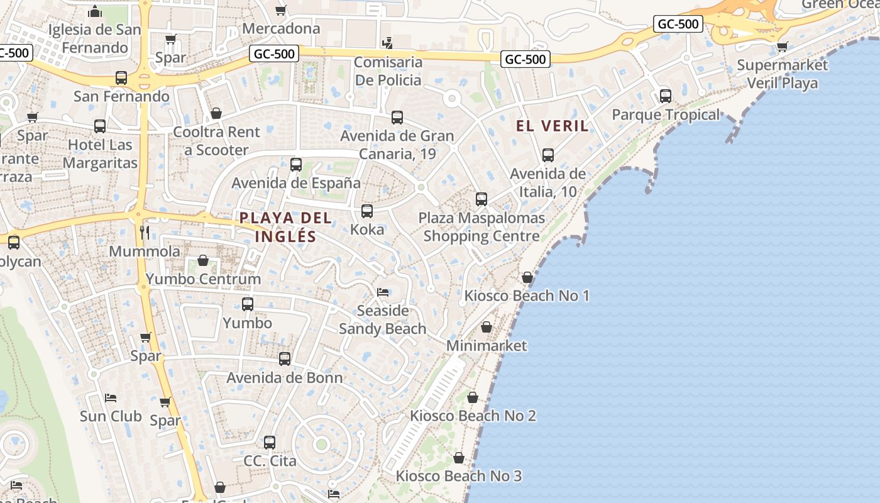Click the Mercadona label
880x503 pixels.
click(x=281, y=29)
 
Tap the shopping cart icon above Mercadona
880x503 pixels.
click(x=281, y=10)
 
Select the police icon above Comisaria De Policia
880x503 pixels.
click(x=388, y=43)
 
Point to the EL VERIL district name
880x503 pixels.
click(x=553, y=126)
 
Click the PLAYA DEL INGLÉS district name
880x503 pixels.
click(x=285, y=227)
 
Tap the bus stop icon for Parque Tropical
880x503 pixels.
click(x=666, y=96)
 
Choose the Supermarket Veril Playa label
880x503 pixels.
click(x=783, y=74)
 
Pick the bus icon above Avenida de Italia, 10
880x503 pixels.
click(x=548, y=155)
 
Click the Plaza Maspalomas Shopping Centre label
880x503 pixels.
click(x=481, y=227)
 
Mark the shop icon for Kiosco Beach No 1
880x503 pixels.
click(x=527, y=277)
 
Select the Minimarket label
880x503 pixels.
click(x=487, y=346)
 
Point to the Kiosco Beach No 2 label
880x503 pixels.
click(x=473, y=416)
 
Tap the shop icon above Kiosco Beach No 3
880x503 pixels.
click(x=459, y=458)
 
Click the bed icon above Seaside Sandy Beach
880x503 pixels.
click(x=383, y=292)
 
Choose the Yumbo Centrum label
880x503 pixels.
click(x=203, y=279)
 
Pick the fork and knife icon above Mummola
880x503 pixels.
click(x=145, y=233)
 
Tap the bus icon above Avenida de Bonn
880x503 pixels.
click(x=285, y=359)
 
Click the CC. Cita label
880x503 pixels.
click(x=270, y=461)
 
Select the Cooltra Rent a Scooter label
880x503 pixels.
click(x=216, y=141)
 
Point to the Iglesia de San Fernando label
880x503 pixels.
click(x=95, y=38)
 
